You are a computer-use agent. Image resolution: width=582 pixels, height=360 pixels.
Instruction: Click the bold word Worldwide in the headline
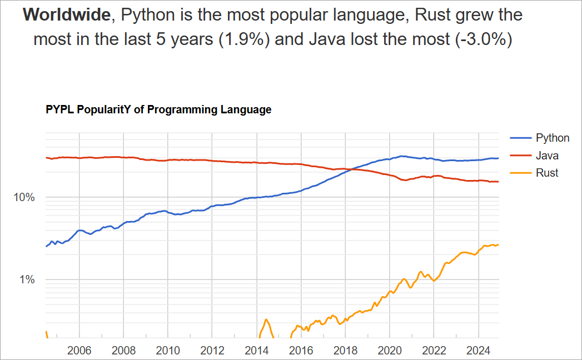point(67,15)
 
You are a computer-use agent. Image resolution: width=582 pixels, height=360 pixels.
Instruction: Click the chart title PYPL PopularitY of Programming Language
point(158,110)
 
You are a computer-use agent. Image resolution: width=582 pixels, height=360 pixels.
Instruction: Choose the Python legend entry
point(552,138)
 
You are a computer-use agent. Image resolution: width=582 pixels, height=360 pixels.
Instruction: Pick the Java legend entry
point(547,156)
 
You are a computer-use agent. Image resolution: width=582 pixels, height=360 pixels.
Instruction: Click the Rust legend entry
point(547,173)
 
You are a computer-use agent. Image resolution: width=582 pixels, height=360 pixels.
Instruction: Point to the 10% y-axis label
point(24,198)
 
